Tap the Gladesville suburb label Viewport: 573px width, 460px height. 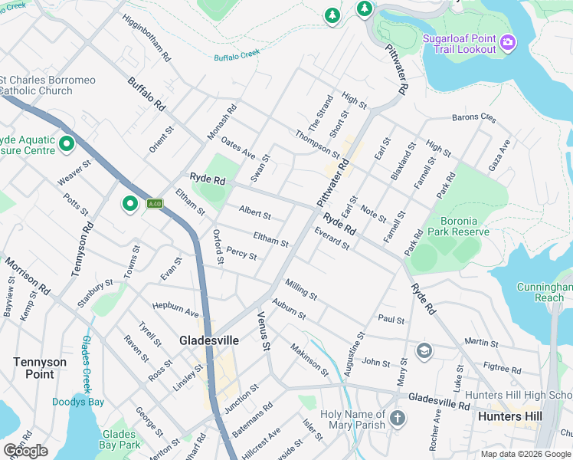point(209,340)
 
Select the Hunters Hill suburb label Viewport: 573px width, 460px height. point(509,416)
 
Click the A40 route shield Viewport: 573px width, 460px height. point(155,204)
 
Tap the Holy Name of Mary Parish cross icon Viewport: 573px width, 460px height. point(397,419)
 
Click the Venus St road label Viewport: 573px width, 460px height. point(264,331)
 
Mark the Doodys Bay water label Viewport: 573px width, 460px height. point(78,402)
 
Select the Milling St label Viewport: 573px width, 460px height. point(301,289)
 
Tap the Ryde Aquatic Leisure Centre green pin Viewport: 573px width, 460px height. point(67,143)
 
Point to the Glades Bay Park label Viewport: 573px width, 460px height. point(121,439)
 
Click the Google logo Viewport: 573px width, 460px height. point(25,451)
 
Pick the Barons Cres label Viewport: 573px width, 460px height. point(473,118)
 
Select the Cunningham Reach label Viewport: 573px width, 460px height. point(545,291)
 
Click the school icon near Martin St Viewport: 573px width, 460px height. point(424,350)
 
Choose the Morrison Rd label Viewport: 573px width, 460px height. point(28,277)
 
